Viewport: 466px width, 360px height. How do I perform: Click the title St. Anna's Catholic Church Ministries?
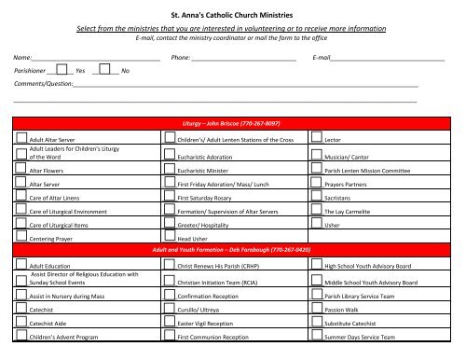(x=232, y=16)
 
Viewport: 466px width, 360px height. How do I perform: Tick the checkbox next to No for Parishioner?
(x=106, y=69)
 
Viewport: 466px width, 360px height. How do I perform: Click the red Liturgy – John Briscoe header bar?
(x=233, y=123)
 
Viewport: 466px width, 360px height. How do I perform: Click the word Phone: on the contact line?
(x=182, y=57)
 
